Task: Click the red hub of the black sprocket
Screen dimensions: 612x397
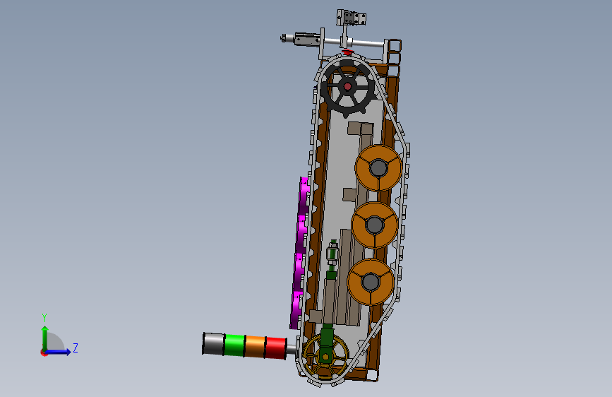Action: [x=347, y=86]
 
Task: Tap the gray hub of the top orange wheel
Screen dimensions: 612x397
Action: [x=378, y=168]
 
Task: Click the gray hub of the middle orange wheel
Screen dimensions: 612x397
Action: [x=374, y=225]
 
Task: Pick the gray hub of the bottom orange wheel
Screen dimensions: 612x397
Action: [x=370, y=281]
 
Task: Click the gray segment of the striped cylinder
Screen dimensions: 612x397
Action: [x=213, y=344]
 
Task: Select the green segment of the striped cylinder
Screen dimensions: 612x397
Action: [x=235, y=345]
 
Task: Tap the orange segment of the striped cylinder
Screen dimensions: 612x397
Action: [x=256, y=347]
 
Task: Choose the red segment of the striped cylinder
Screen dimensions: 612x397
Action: [x=275, y=348]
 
